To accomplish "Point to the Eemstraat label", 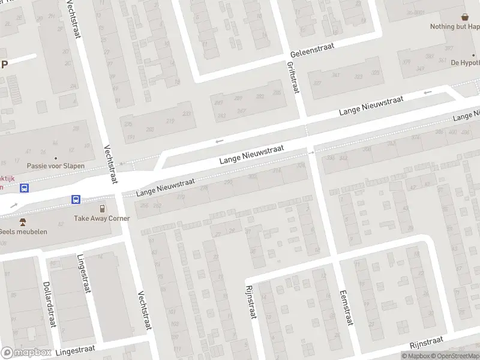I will pyautogui.click(x=345, y=306).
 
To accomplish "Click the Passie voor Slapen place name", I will pyautogui.click(x=56, y=166).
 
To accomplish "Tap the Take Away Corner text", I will pyautogui.click(x=103, y=218).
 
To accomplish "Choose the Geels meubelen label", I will pyautogui.click(x=23, y=232).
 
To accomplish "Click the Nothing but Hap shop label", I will pyautogui.click(x=455, y=26).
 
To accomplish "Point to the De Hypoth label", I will pyautogui.click(x=465, y=62).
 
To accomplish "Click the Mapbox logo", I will pyautogui.click(x=26, y=352).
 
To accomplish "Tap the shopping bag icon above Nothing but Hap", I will pyautogui.click(x=464, y=17).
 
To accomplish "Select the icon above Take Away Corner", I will pyautogui.click(x=103, y=209).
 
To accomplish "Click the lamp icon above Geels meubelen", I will pyautogui.click(x=23, y=222).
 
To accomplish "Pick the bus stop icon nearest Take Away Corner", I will pyautogui.click(x=76, y=199).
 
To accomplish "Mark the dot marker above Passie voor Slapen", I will pyautogui.click(x=56, y=142).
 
